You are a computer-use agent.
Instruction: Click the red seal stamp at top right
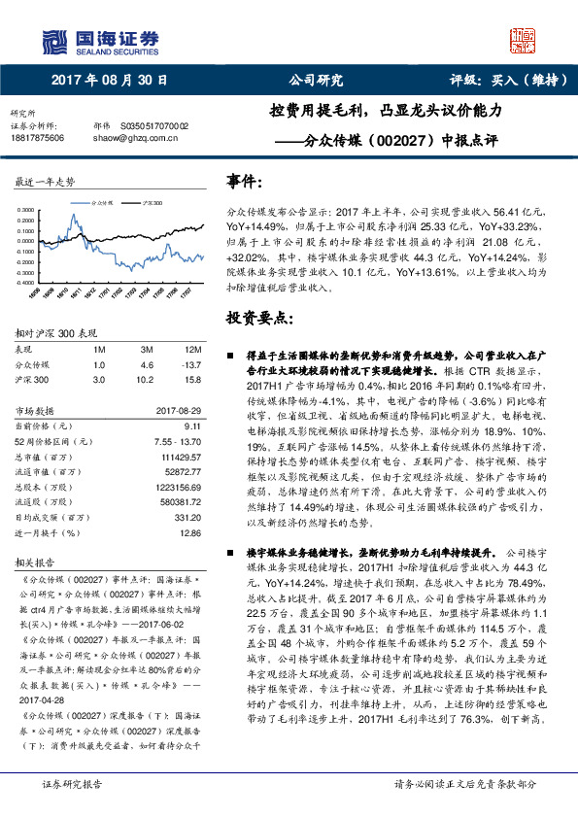(x=524, y=43)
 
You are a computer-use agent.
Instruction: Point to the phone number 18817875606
(x=37, y=138)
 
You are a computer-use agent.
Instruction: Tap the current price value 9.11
(x=191, y=426)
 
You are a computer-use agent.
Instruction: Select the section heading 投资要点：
(x=256, y=318)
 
